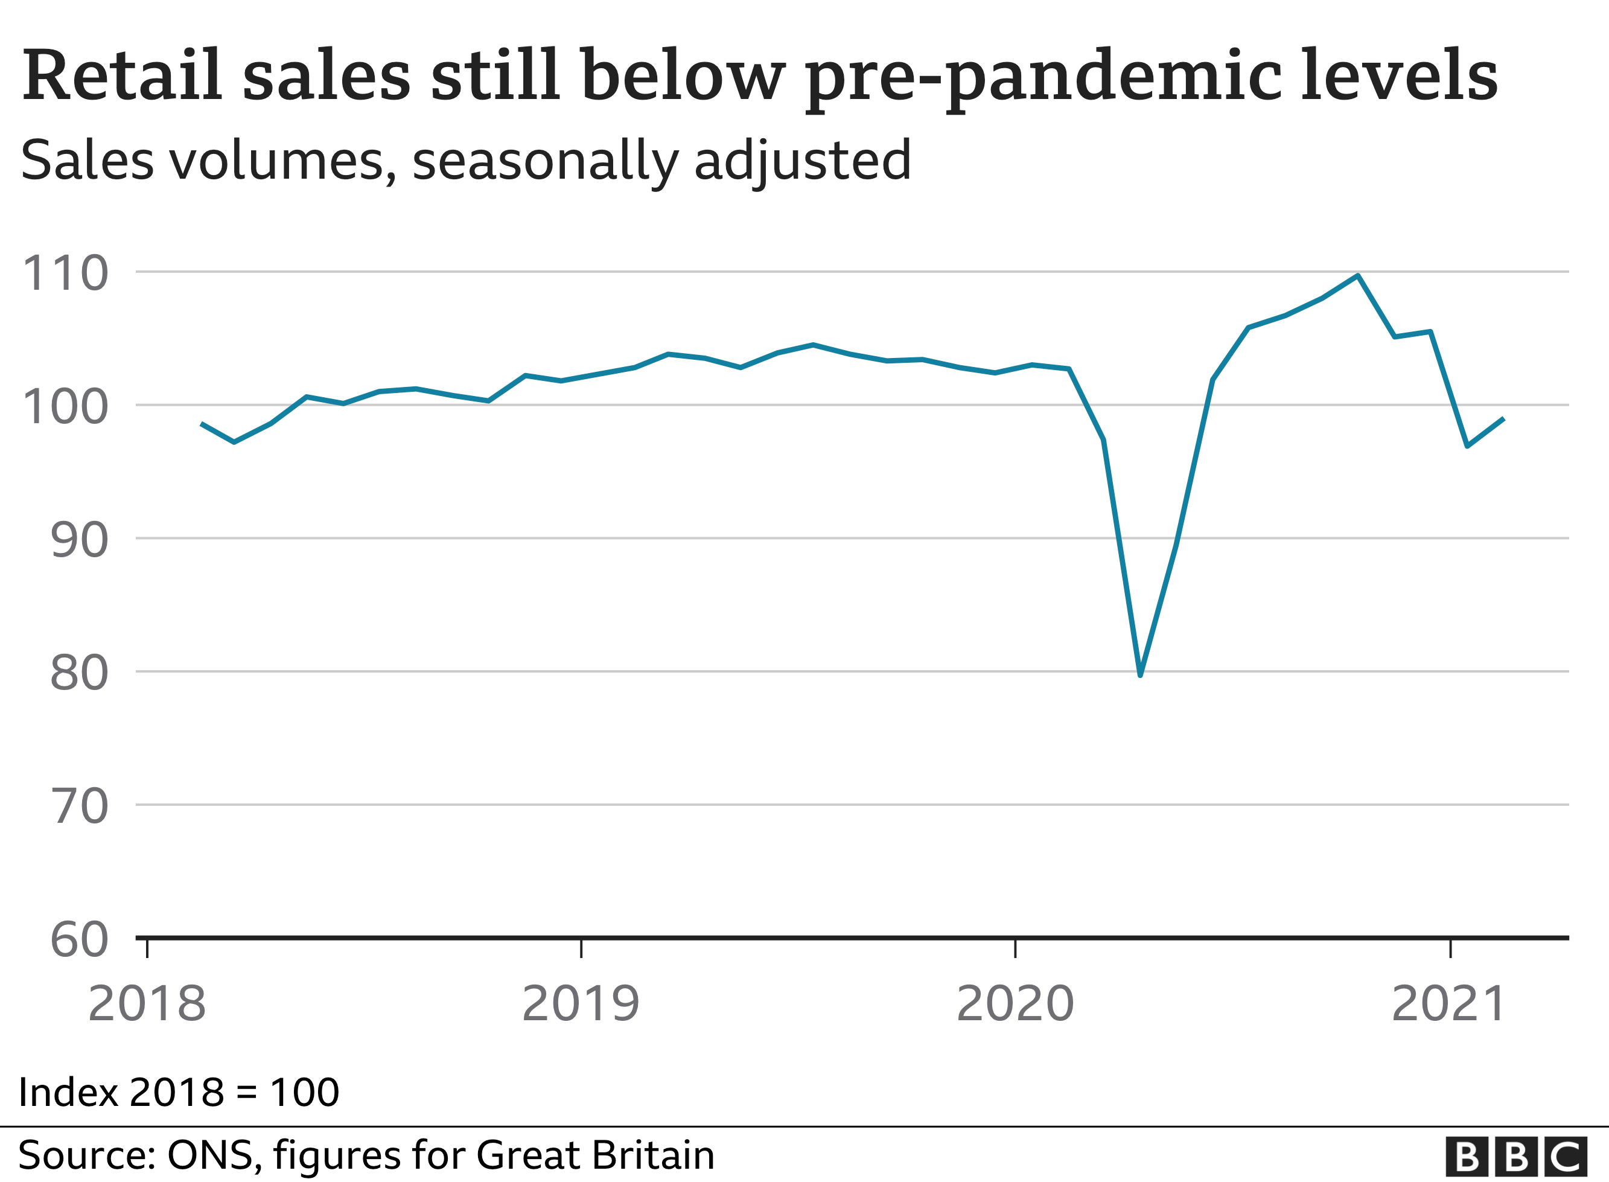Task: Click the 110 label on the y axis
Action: pos(65,273)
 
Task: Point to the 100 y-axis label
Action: pos(65,406)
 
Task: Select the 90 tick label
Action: pos(78,540)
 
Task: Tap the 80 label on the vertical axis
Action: pos(78,673)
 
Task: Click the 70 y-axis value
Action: pos(80,807)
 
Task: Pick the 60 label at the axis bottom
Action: pos(78,939)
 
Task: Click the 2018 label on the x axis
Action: pos(147,1004)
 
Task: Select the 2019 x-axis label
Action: pos(581,1004)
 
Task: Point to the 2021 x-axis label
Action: pos(1449,1004)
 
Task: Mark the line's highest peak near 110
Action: pos(1357,275)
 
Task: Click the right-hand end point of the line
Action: pos(1504,420)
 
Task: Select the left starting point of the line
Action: pos(202,424)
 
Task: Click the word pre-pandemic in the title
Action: pos(1042,77)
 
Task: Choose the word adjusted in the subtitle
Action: pos(802,162)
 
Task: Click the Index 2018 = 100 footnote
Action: pos(179,1092)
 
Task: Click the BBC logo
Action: pos(1516,1156)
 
